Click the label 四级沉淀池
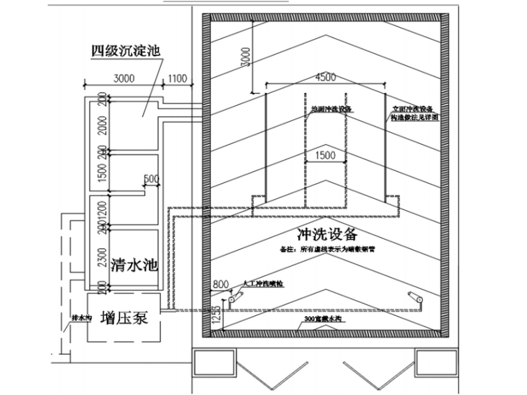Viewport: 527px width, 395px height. pos(126,51)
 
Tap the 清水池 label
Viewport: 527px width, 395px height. pos(134,265)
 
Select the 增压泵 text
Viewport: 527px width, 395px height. pos(126,317)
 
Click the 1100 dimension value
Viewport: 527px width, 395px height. pos(178,79)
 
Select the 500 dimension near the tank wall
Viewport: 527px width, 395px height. pos(150,179)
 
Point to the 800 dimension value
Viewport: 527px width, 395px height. pos(220,283)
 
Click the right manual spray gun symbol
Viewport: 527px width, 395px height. pos(417,298)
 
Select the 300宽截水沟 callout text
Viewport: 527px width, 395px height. pos(325,319)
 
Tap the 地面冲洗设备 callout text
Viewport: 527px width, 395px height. pos(328,109)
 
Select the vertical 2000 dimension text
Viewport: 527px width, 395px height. pos(101,125)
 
